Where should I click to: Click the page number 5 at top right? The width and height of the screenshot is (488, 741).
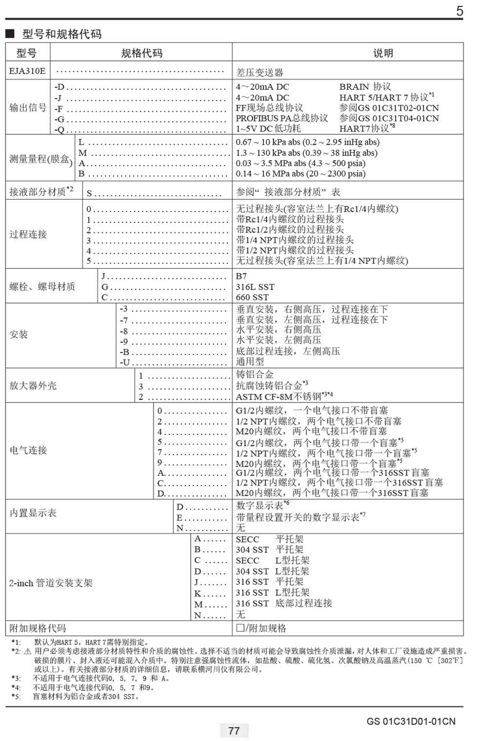(459, 11)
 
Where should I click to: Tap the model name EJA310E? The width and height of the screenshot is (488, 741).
(27, 71)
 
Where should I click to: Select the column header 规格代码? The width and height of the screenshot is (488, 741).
(142, 53)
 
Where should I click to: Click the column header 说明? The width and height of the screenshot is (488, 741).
(383, 53)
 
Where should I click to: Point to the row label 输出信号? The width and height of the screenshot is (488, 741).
(28, 108)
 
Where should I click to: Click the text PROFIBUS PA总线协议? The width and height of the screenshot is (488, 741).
(282, 118)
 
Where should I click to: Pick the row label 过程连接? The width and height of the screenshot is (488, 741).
(28, 234)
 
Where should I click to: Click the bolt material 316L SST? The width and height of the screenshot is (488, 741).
(255, 287)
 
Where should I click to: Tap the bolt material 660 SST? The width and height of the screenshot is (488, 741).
(252, 297)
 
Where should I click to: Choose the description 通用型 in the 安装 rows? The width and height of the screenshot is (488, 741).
(250, 362)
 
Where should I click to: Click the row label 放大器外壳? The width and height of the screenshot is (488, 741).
(33, 386)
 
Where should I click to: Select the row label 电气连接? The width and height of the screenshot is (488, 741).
(28, 450)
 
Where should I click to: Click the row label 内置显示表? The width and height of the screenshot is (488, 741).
(33, 513)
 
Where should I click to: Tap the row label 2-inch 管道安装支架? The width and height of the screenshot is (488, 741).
(50, 583)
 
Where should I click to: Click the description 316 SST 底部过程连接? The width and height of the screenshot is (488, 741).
(284, 604)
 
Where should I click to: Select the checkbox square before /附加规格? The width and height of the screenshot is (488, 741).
(240, 628)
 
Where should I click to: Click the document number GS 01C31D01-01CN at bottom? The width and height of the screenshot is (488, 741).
(411, 721)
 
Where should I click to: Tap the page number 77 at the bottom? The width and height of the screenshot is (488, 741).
(234, 731)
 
